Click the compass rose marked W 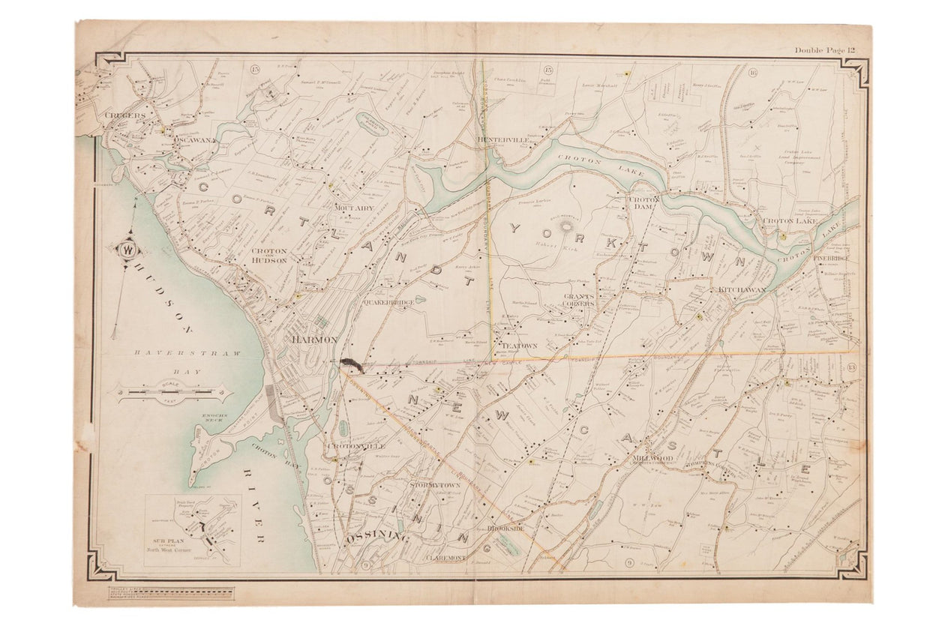(127, 250)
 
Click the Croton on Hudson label (268, 256)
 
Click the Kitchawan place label (742, 289)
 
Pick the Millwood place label (652, 457)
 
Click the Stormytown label (434, 485)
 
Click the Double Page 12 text (825, 50)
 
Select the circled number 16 (753, 72)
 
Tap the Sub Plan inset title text (170, 542)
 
